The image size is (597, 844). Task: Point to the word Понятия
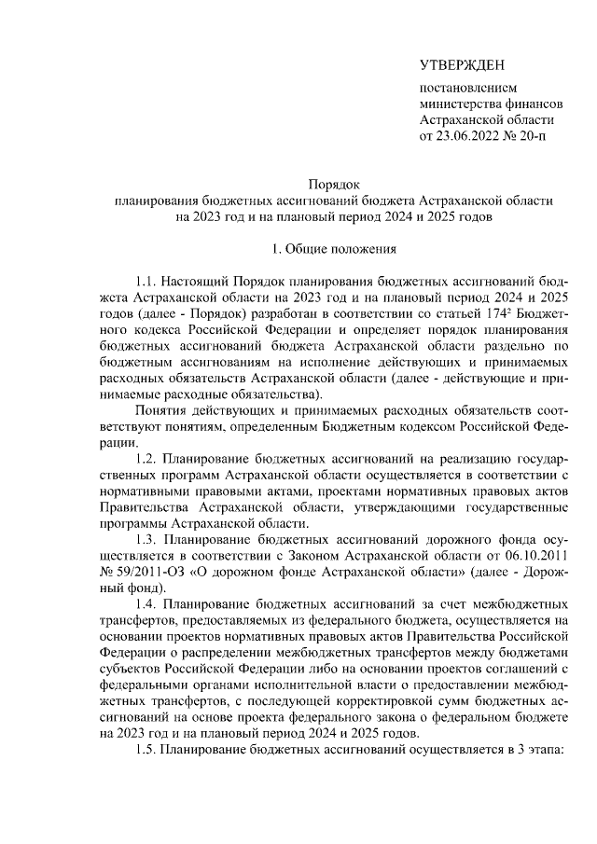(x=160, y=413)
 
